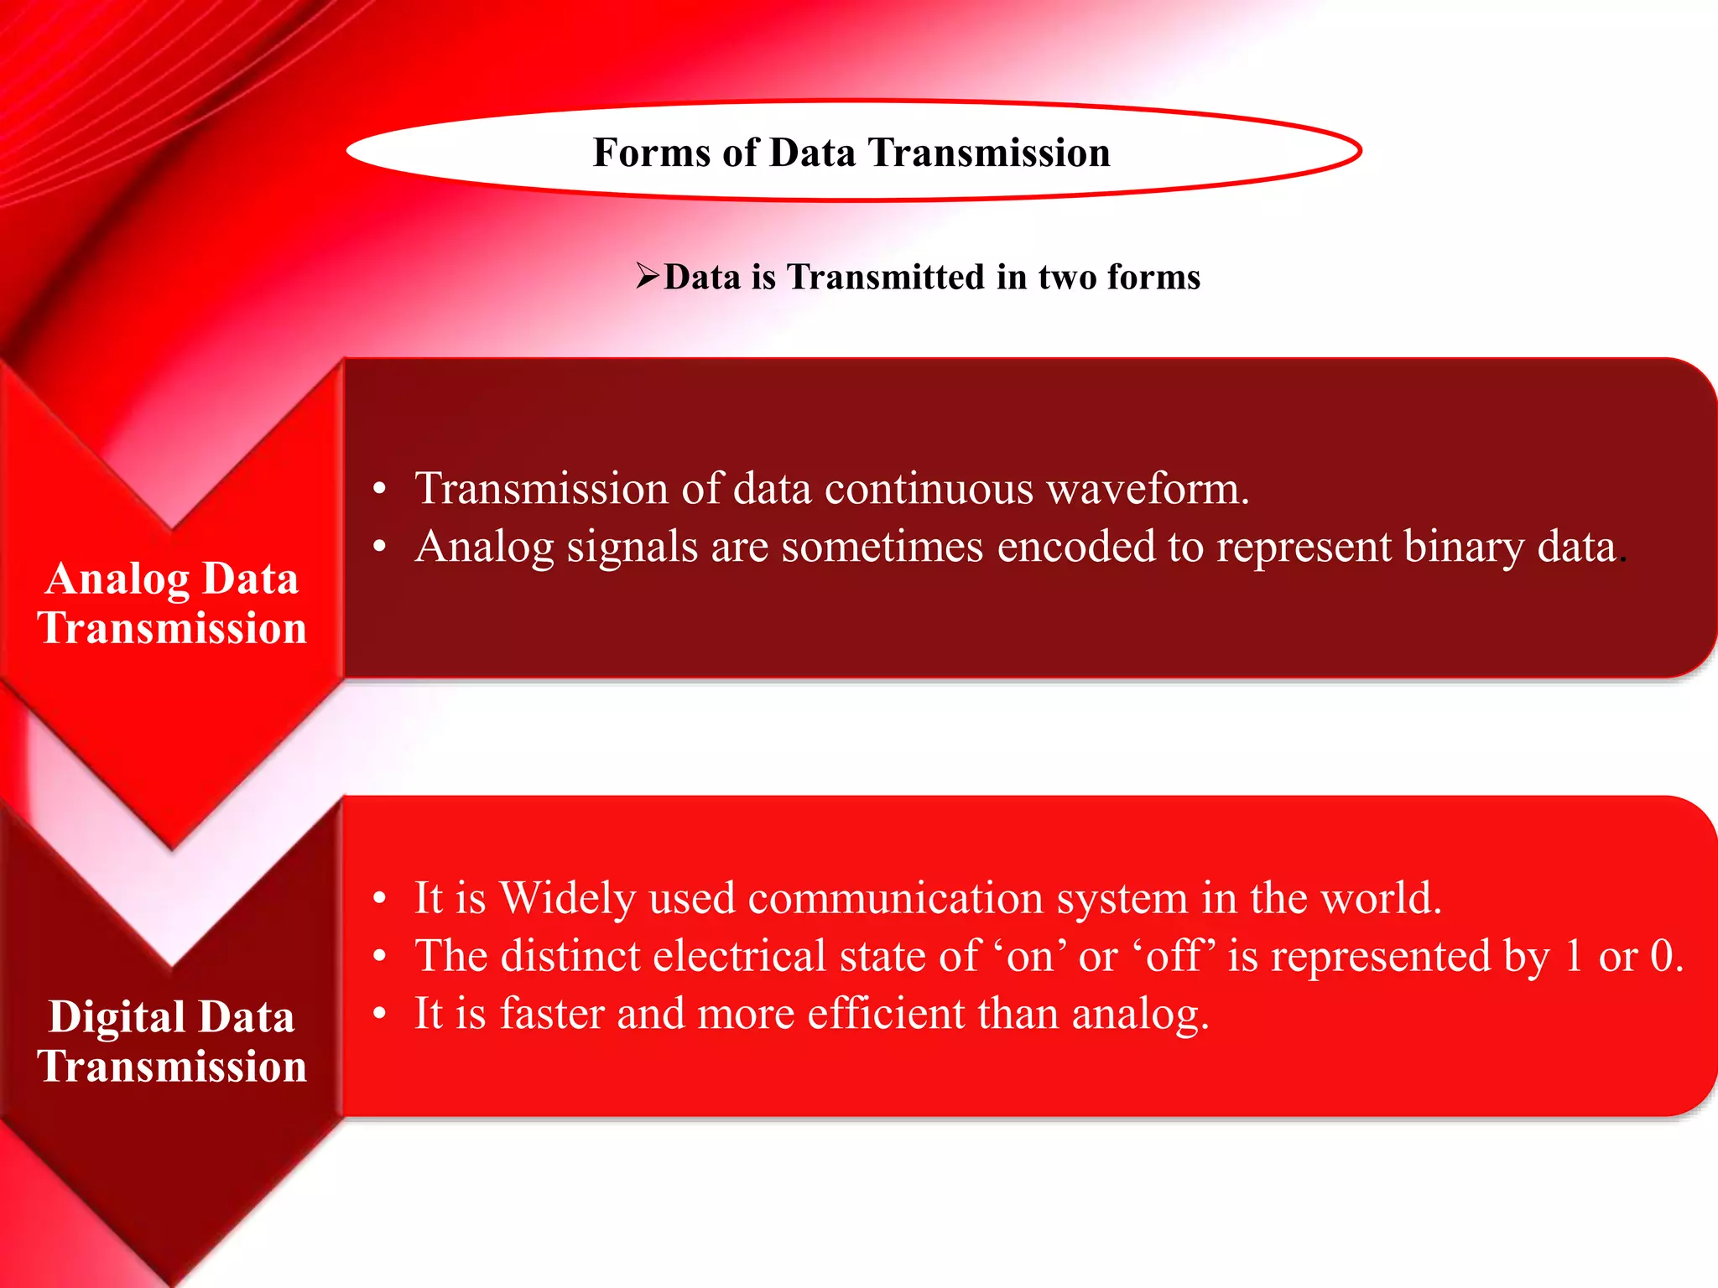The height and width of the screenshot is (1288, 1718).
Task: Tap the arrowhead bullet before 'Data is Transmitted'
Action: coord(648,275)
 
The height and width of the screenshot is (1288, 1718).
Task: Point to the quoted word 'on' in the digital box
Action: coord(1029,957)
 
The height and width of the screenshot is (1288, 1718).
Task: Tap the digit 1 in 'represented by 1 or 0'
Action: coord(1573,957)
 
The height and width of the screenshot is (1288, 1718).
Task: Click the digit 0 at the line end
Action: coord(1662,957)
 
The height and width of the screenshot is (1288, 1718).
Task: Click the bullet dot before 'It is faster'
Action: coord(380,1015)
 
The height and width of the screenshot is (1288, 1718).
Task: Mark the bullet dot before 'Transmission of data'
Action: coord(380,489)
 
